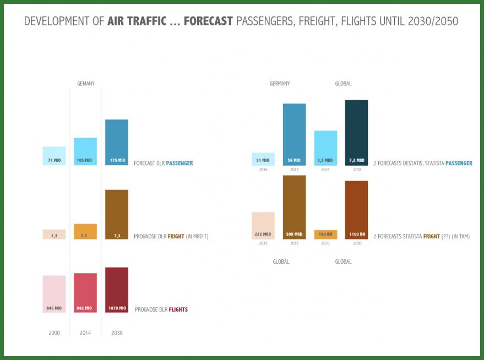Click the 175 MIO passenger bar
[116, 142]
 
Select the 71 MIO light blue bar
[54, 156]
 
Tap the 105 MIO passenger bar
[85, 151]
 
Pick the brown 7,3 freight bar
[116, 214]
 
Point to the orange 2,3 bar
[85, 231]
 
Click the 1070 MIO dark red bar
[116, 290]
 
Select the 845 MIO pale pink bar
[54, 294]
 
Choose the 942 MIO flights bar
[85, 292]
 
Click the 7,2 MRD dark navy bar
[356, 132]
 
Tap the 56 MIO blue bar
[294, 134]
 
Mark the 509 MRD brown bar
[294, 207]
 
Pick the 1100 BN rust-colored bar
[356, 210]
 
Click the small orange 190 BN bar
[325, 234]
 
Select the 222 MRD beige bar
[263, 226]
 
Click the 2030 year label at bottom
[117, 333]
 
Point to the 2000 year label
[54, 333]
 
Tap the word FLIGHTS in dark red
[178, 310]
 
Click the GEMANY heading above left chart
[85, 84]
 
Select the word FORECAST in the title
[208, 21]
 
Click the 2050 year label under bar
[356, 243]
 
